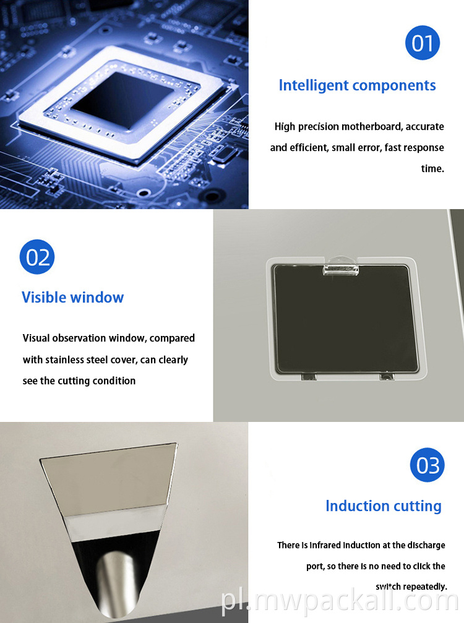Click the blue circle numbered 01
423,43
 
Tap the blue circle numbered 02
37,257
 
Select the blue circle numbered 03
427,465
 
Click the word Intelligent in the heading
314,86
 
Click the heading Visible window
73,297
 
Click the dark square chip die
121,100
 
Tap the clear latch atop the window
340,267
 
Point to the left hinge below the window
308,376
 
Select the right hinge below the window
386,376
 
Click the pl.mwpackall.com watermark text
340,601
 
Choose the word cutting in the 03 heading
417,507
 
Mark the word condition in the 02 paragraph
114,380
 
